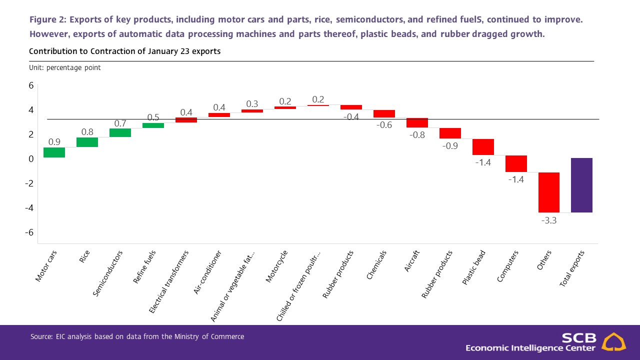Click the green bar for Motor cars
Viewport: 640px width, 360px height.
coord(54,152)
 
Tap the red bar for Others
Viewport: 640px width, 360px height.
coord(548,192)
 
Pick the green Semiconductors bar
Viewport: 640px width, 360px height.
coord(120,132)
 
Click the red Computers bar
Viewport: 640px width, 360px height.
coord(516,163)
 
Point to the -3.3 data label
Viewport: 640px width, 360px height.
coord(549,220)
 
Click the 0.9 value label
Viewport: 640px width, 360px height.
coord(54,142)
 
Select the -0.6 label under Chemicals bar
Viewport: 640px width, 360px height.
coord(384,125)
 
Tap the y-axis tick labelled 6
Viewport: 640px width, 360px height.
coord(31,85)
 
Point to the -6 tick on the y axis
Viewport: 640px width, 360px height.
coord(29,232)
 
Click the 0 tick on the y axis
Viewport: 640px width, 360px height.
coord(31,159)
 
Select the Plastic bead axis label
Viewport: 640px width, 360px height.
coord(473,268)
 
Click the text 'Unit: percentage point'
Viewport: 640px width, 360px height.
coord(64,67)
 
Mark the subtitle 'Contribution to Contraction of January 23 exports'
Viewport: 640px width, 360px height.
coord(124,51)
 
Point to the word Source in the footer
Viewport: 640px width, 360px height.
coord(39,337)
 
